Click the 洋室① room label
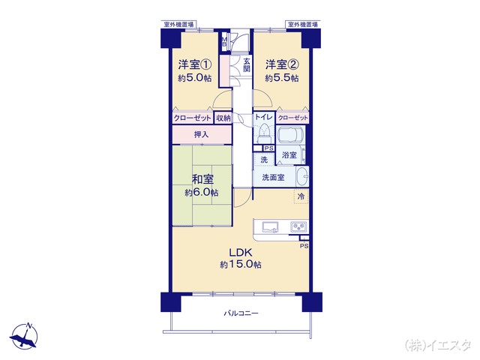coord(195,64)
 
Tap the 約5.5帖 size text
coord(282,78)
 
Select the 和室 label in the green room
coord(202,179)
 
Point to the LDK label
coord(241,253)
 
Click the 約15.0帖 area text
coord(241,265)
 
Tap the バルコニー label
coord(241,313)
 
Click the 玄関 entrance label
coord(247,65)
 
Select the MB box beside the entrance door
coord(224,42)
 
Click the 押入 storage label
coord(201,134)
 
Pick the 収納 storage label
coord(223,118)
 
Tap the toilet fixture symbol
coord(264,133)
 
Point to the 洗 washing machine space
coord(263,160)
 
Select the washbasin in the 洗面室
coord(302,176)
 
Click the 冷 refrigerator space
coord(301,196)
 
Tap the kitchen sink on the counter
coord(270,227)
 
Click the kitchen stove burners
coord(298,226)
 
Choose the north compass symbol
coord(24,336)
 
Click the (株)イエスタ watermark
coord(438,345)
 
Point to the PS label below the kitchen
coord(304,246)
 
